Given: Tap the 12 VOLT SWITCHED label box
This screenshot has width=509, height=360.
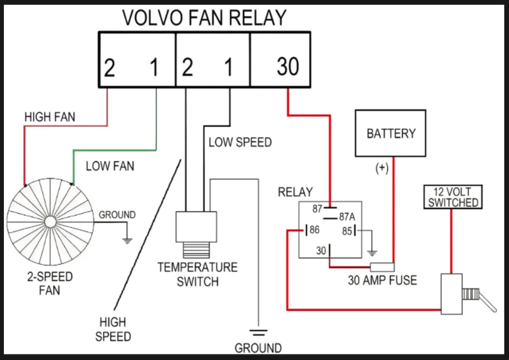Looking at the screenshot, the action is coord(453,197).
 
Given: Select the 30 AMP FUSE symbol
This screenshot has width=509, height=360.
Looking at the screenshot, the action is coord(383,267).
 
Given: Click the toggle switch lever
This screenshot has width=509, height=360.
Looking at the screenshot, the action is coord(487,302).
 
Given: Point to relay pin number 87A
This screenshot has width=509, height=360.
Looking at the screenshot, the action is coord(347,217).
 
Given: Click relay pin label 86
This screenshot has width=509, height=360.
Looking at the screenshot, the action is coord(314,230).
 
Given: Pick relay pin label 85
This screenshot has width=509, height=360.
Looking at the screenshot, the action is coord(347,231).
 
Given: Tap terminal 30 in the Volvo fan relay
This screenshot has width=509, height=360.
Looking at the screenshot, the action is coord(288,66).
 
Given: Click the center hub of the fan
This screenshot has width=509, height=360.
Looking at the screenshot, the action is coord(50,222).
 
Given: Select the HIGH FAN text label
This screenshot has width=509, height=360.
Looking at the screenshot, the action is coord(50,117).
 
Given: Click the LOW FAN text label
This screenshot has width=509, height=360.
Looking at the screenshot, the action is coord(110,166).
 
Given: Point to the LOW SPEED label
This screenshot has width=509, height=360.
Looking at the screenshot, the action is coord(240,142).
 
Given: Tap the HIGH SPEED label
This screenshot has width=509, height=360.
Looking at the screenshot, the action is coord(113,329).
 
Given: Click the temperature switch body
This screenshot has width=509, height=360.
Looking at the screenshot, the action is coord(196,227).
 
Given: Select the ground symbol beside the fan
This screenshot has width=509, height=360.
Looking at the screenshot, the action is coord(127,241).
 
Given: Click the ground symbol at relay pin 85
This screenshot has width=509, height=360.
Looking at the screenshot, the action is coord(372,253).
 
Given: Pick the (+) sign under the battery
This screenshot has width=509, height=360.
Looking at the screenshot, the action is coord(382,168).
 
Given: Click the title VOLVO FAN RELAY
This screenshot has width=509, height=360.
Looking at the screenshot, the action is coord(204,18).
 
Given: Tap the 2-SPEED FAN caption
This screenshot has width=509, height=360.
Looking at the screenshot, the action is coord(50,283).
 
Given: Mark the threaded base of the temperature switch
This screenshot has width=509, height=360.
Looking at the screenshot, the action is coord(196,250).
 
